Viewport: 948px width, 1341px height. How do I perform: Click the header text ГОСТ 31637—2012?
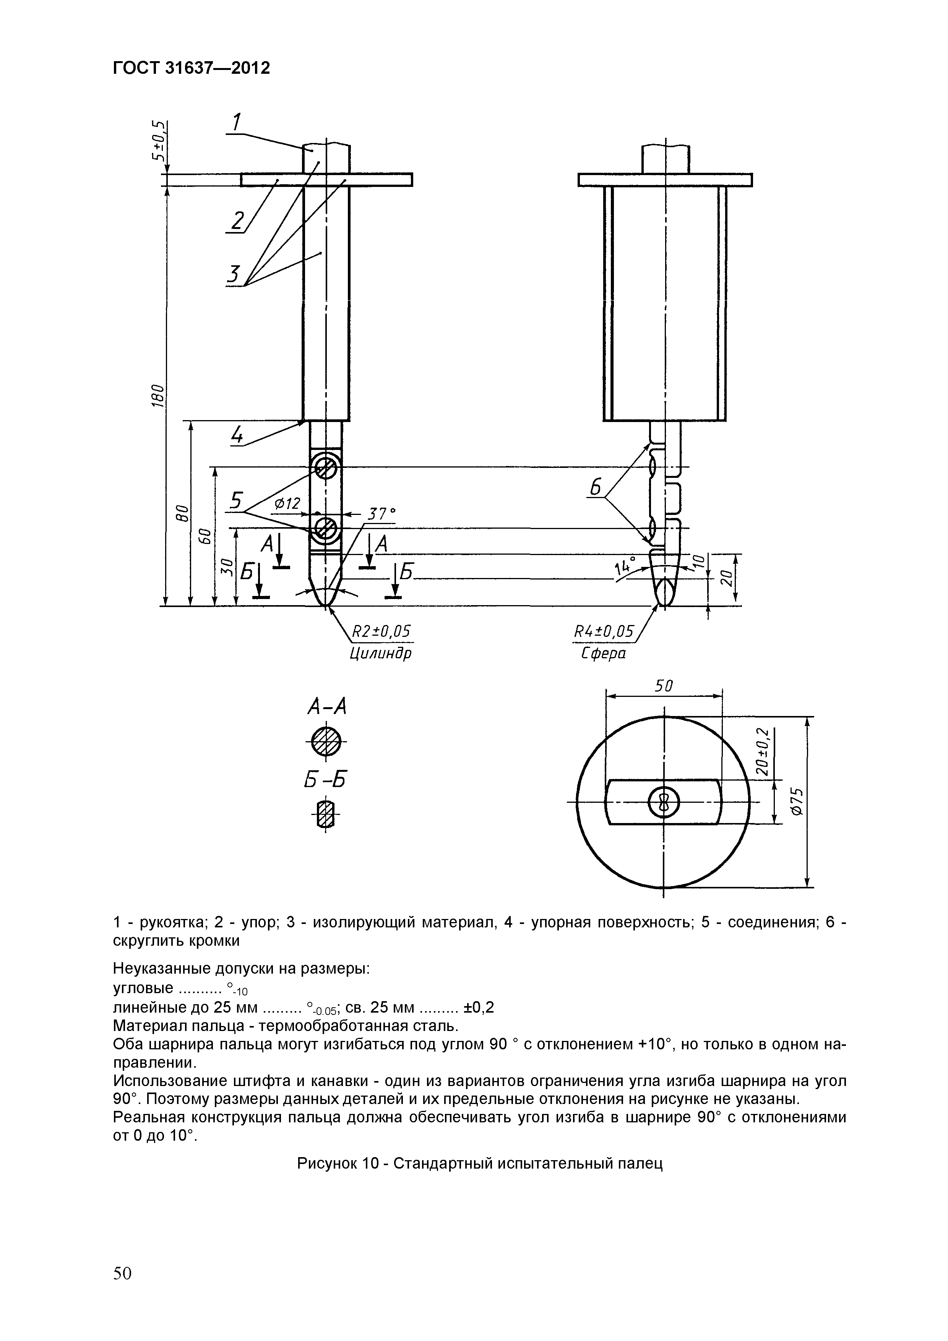191,68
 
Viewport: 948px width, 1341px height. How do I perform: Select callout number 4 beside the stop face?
237,435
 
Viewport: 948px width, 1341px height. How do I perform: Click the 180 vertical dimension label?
155,396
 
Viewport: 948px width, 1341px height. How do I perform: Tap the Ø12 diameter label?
286,503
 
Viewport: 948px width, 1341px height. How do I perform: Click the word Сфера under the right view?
603,653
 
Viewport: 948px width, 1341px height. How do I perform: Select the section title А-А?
326,707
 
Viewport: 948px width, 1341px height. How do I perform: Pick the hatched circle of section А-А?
325,742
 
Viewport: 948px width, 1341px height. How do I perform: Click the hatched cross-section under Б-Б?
325,813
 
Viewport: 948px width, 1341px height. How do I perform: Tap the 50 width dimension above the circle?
664,686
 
